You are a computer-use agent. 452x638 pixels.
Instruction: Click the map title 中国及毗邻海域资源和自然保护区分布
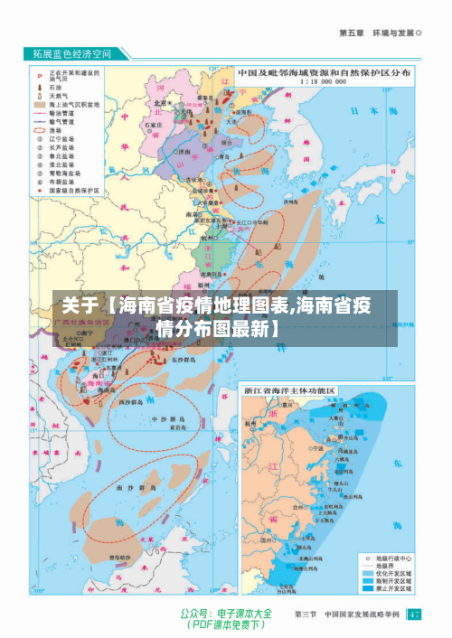324,71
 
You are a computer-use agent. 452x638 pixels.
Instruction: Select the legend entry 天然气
60,94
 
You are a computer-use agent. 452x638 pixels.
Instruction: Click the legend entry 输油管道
62,111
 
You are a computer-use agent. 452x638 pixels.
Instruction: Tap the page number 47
413,615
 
